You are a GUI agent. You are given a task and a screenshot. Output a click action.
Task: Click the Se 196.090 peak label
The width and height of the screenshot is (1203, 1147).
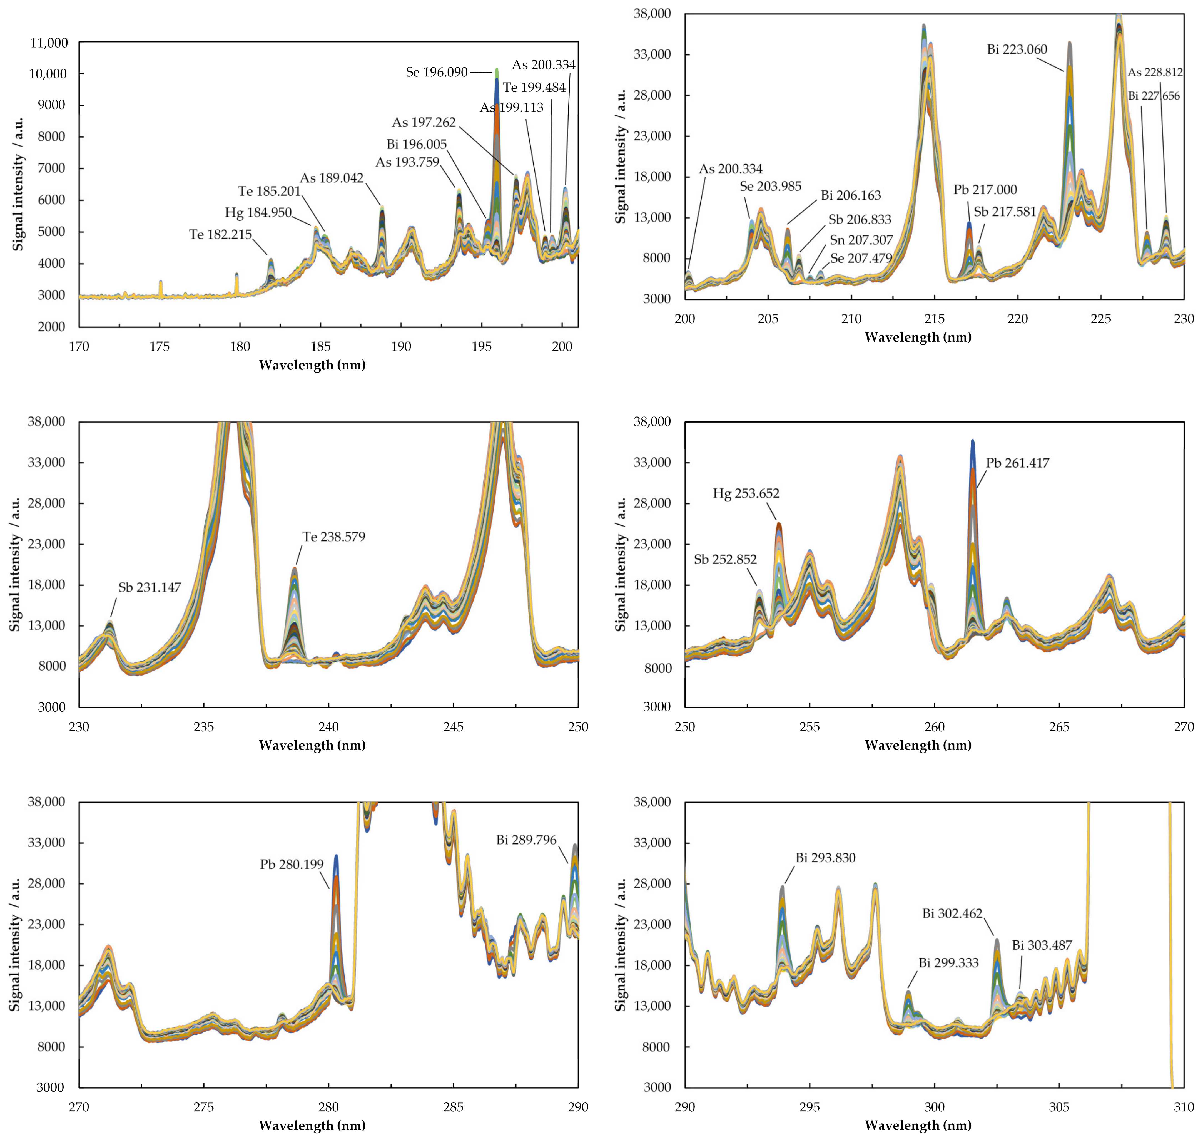coord(437,72)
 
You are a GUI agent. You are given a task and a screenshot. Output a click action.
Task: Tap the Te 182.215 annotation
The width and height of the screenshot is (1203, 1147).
coord(221,235)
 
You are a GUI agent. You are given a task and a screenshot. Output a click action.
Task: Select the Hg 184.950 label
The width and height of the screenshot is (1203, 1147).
coord(258,213)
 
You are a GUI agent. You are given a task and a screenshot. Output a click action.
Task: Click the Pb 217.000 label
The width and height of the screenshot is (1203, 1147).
coord(985,190)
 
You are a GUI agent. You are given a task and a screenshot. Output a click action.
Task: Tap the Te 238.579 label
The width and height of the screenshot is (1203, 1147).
coord(334,537)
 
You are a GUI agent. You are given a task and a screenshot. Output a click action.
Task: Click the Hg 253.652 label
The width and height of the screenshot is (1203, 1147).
coord(746,493)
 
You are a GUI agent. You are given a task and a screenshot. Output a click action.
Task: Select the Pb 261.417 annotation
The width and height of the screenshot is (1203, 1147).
coord(1017,463)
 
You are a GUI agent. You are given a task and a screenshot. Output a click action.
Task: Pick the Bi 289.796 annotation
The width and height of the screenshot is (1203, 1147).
coord(526,840)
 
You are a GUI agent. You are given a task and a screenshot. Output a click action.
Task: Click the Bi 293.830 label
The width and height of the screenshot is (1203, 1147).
coord(825,858)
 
